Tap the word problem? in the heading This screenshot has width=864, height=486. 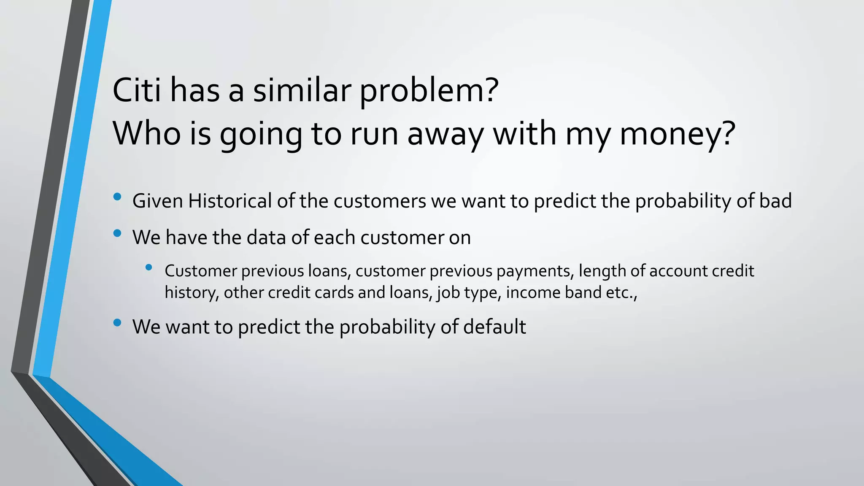pos(429,92)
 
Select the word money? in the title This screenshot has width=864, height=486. pos(677,134)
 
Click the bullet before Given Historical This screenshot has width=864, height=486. pos(117,197)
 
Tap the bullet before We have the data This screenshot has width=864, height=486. pos(117,233)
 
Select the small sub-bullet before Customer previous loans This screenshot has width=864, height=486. pos(148,267)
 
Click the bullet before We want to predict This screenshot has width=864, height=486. pos(117,323)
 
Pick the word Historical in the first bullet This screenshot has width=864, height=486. pos(230,201)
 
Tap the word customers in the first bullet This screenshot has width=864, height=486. pos(380,201)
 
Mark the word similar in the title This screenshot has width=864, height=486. pos(302,90)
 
